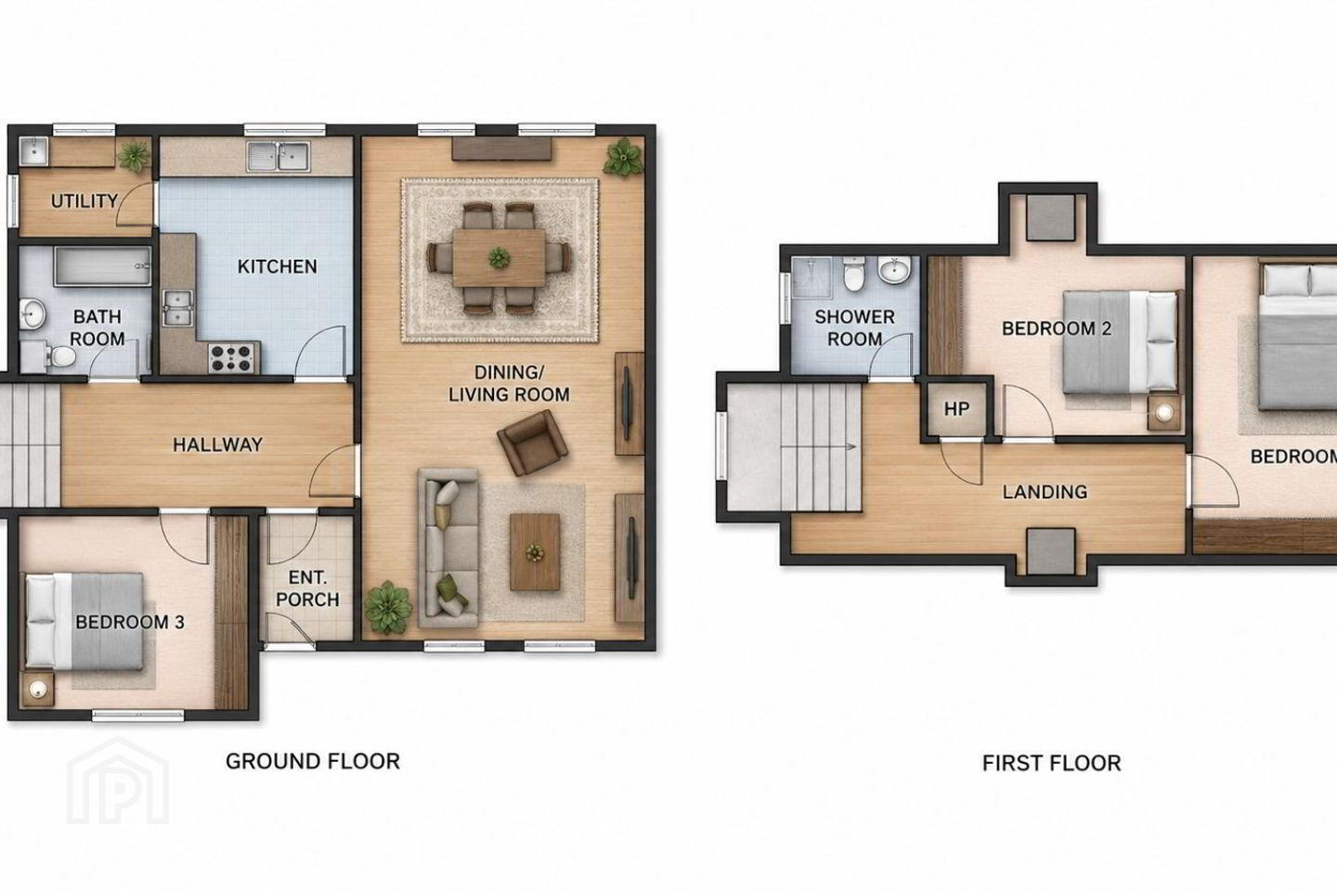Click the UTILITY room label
(x=84, y=201)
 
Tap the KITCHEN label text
(x=277, y=266)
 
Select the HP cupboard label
(x=956, y=408)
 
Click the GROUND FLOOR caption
(x=313, y=761)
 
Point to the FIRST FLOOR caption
(x=1052, y=763)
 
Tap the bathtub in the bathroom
(x=102, y=266)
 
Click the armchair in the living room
(x=532, y=442)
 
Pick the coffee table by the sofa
(x=535, y=552)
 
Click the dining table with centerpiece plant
(x=499, y=258)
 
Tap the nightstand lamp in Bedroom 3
(x=38, y=691)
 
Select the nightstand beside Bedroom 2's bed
(x=1164, y=412)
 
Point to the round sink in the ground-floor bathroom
(x=32, y=314)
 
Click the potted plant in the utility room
(x=134, y=156)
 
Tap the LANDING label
(x=1045, y=492)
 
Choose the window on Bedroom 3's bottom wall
(x=137, y=716)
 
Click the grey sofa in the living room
(x=448, y=548)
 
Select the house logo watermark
(x=118, y=781)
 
